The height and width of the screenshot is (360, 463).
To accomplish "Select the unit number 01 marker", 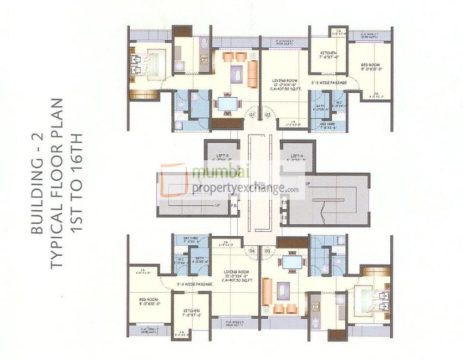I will click(x=252, y=115).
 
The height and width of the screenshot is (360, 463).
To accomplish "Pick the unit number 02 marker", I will click(x=267, y=115).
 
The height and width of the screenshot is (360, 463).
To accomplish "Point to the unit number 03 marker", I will click(x=267, y=251).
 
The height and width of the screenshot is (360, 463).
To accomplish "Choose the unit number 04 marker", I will click(x=252, y=251).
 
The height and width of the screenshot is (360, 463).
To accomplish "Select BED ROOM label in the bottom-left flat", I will click(x=148, y=299).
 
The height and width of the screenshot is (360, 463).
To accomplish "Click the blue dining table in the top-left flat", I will click(x=225, y=103).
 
